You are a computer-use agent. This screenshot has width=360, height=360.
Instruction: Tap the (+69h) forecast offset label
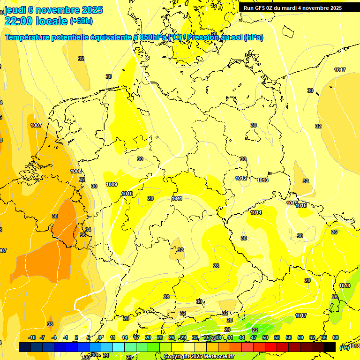tap(81, 21)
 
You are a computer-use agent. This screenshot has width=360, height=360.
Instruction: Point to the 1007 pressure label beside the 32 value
tap(36, 125)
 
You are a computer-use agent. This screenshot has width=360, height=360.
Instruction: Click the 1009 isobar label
tap(112, 184)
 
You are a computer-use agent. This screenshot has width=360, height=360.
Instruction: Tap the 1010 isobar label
tap(127, 194)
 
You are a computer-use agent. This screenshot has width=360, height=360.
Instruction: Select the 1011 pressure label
tap(177, 198)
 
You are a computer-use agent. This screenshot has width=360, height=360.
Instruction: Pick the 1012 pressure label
tap(241, 179)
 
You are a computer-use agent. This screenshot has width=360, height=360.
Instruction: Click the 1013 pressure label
tap(262, 180)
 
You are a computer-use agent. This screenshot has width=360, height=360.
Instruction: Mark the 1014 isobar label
tap(256, 212)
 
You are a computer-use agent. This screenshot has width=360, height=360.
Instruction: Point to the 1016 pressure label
tap(301, 205)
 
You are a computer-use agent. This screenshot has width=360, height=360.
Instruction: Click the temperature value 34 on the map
tap(88, 230)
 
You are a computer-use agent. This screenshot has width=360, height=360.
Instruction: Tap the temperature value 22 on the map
tap(255, 330)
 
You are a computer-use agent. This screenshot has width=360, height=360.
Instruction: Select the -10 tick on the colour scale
tap(32, 337)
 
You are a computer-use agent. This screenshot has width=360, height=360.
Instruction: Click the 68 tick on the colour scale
tap(336, 337)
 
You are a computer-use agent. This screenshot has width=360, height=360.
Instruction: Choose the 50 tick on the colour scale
tap(265, 337)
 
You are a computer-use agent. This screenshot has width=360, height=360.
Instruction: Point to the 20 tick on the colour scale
tap(148, 337)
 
